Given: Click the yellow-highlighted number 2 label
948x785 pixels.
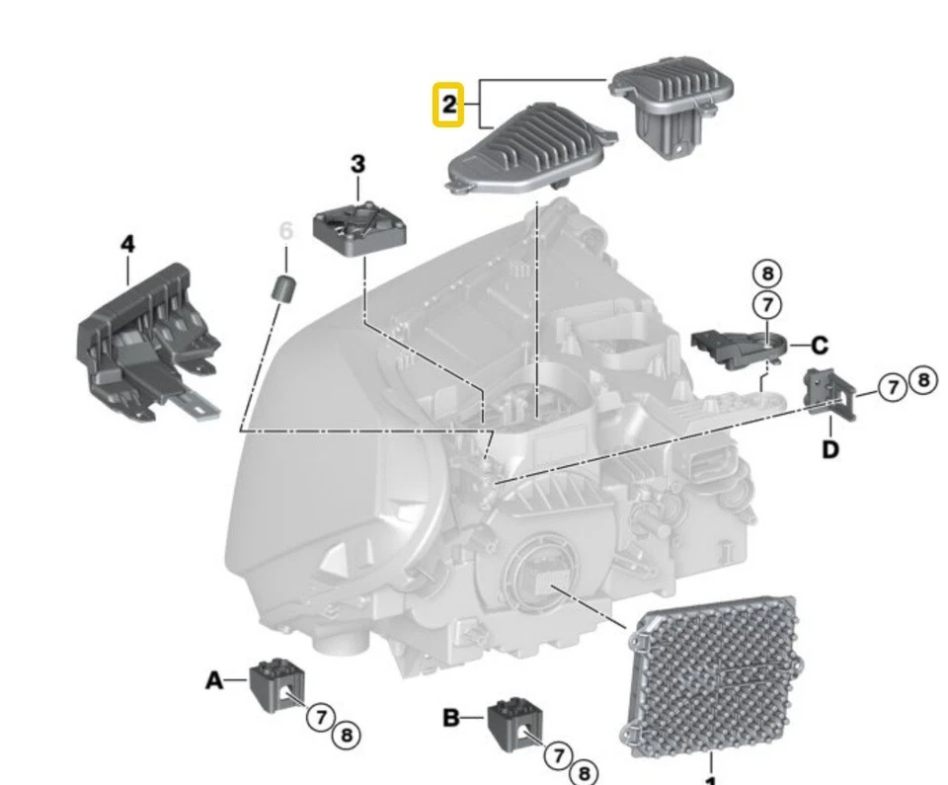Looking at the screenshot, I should click(x=449, y=106).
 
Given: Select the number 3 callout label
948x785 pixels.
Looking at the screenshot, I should click(x=357, y=164).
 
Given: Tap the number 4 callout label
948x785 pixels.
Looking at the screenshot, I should click(x=127, y=243).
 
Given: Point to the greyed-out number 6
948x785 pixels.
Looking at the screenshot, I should click(x=286, y=232).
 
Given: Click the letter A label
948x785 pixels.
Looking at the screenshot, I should click(x=214, y=679).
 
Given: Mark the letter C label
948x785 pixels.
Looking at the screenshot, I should click(x=820, y=347).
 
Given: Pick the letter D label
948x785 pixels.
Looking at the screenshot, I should click(x=830, y=449).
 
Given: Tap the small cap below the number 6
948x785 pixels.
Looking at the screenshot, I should click(x=285, y=290).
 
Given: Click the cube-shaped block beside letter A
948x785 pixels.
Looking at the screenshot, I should click(x=276, y=683).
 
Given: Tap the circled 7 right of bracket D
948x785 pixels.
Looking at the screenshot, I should click(x=893, y=388).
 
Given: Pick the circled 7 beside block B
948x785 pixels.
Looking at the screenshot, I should click(x=560, y=755).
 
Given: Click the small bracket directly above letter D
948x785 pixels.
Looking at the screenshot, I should click(x=826, y=392).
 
